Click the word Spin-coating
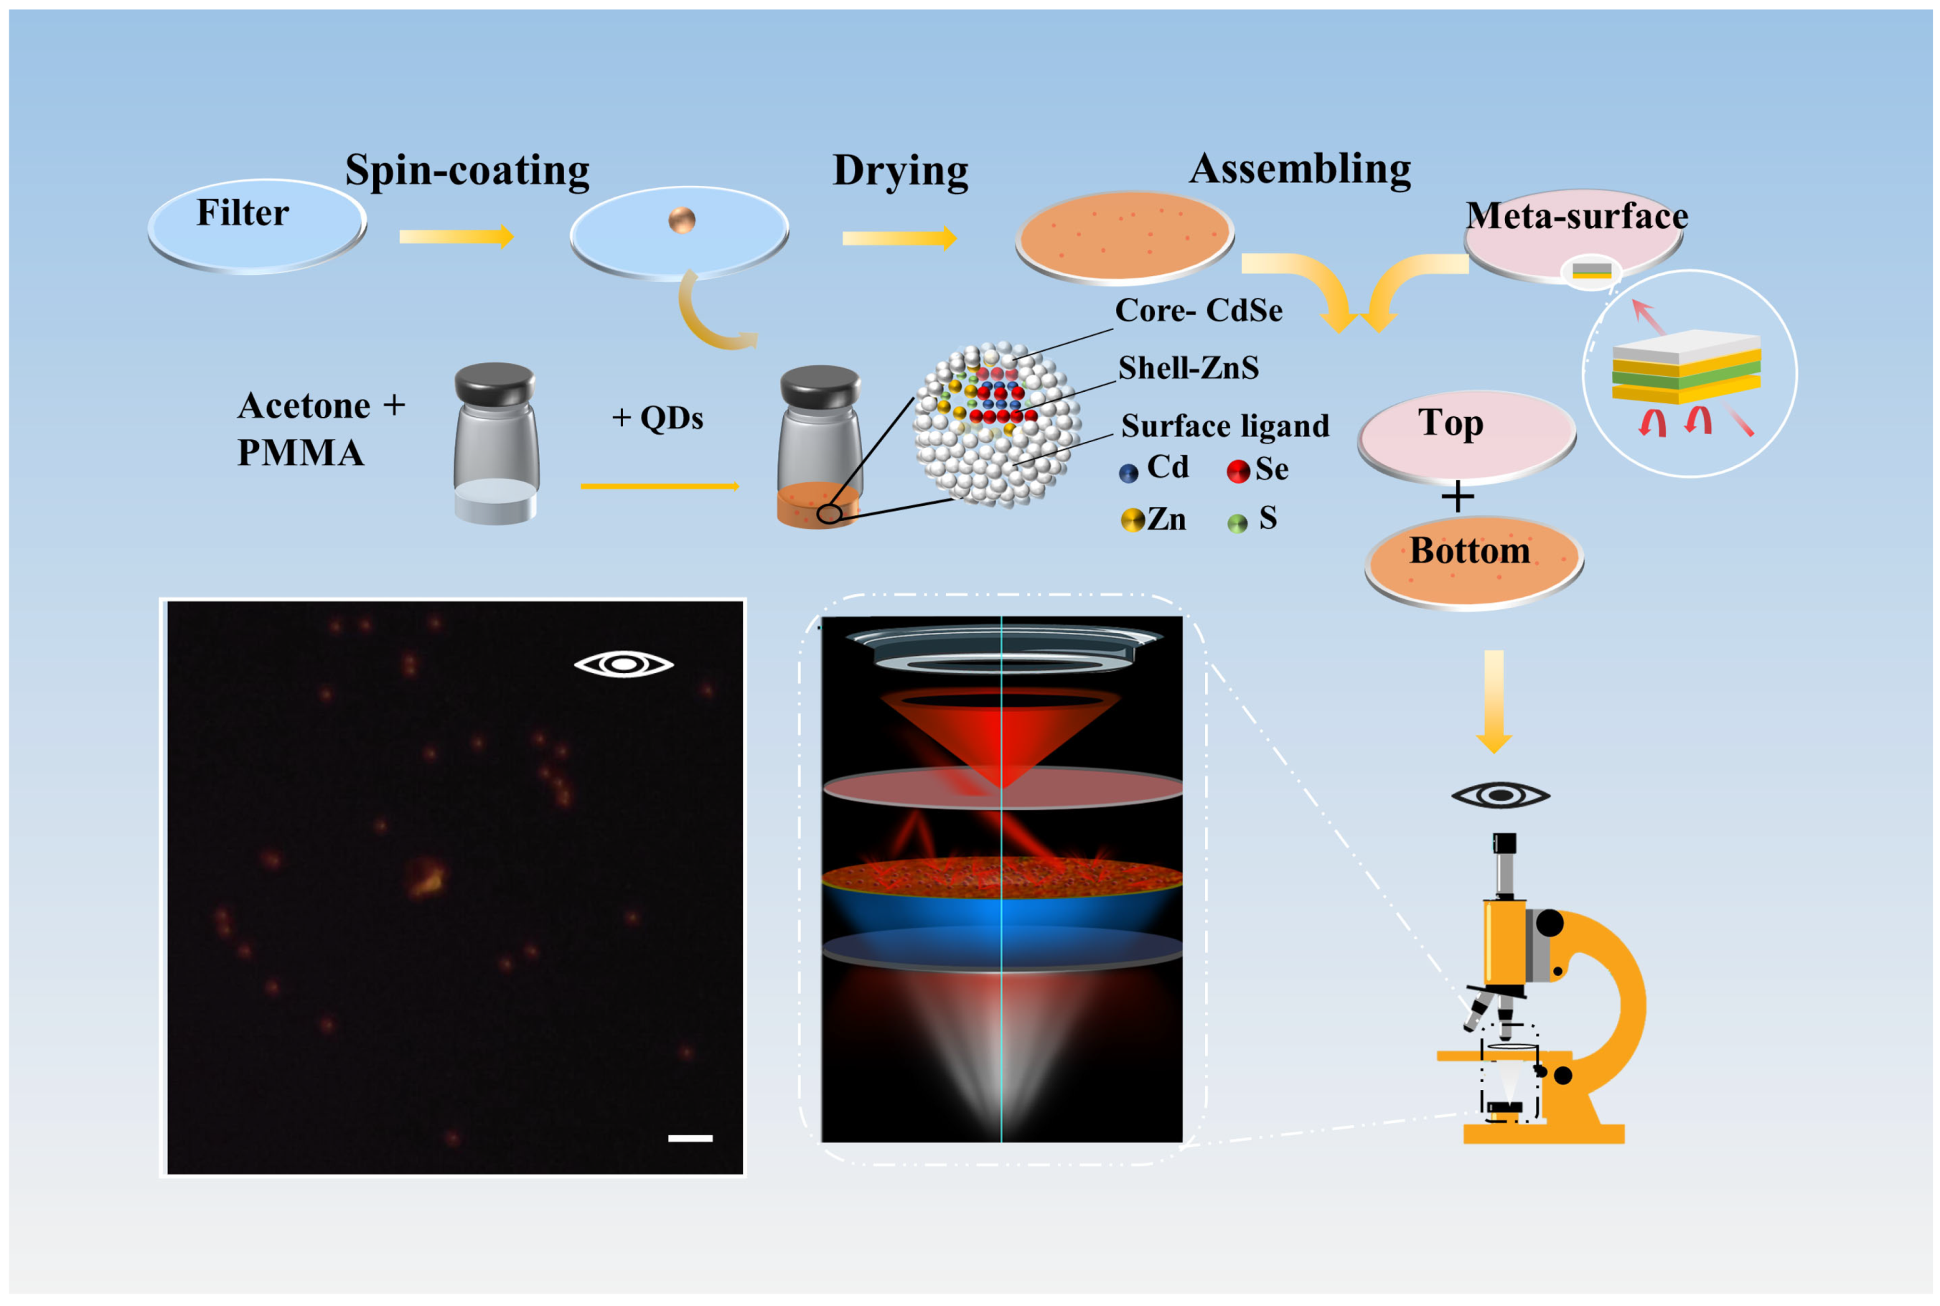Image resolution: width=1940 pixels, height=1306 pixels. (x=467, y=171)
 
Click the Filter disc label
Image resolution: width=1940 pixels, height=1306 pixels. (x=243, y=213)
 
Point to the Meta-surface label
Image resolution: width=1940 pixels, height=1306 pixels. (x=1576, y=217)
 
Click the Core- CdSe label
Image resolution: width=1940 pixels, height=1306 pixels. (x=1198, y=311)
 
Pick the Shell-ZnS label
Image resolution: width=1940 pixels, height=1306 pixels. (x=1188, y=368)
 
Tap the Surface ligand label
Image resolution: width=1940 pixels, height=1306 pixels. (x=1224, y=426)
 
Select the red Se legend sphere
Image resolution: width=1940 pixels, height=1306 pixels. (x=1238, y=471)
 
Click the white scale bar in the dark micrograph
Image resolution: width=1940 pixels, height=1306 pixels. (x=690, y=1138)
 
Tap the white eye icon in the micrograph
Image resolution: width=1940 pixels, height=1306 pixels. (x=623, y=664)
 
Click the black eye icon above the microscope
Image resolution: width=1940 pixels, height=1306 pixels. (x=1499, y=795)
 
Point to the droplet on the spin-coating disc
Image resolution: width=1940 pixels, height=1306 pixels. (x=681, y=220)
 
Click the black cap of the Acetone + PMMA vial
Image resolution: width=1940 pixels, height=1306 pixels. (x=494, y=382)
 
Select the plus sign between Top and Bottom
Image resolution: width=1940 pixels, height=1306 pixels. (x=1457, y=497)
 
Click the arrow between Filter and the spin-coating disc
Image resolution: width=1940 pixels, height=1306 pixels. (x=456, y=237)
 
